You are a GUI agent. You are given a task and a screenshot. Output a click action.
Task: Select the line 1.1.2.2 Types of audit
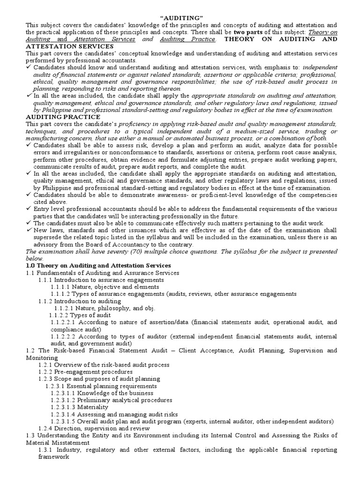tap(80, 315)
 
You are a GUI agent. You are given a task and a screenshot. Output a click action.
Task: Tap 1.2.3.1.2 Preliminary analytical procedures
tap(112, 400)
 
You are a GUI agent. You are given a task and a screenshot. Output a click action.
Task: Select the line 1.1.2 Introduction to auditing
tap(80, 301)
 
